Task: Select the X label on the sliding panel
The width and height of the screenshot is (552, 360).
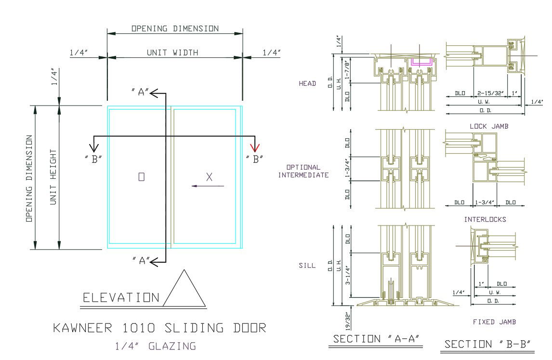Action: [209, 177]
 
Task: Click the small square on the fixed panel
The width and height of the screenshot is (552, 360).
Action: [141, 177]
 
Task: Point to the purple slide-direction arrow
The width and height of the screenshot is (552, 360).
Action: [208, 186]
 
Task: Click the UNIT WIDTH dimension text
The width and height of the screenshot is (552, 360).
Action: [172, 53]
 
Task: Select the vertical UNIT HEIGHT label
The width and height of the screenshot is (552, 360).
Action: [53, 177]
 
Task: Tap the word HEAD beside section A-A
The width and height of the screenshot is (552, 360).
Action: [307, 83]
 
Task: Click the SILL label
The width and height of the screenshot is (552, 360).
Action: [307, 265]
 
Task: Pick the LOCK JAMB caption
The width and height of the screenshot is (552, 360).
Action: [489, 126]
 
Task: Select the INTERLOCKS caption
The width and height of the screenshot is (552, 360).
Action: [485, 219]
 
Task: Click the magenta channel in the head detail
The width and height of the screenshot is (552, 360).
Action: [422, 62]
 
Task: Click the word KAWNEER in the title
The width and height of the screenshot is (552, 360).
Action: [84, 328]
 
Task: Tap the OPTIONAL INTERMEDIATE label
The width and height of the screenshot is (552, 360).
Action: [303, 171]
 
